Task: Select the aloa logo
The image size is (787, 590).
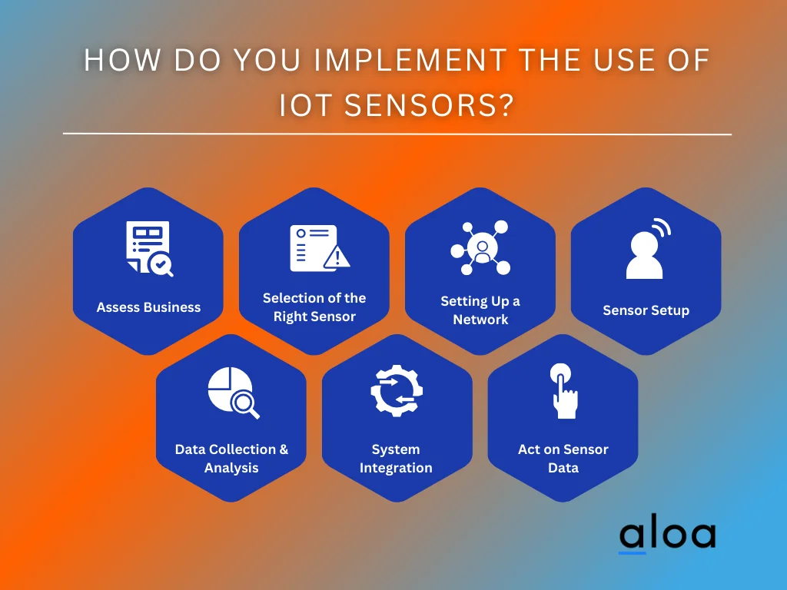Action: coord(667,535)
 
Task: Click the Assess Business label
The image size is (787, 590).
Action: coord(148,307)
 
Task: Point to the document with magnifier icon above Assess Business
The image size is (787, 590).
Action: coord(149,248)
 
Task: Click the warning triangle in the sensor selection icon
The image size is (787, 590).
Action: coord(337,257)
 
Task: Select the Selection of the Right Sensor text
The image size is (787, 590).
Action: coord(314,307)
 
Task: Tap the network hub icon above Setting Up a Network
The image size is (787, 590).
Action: coord(480,247)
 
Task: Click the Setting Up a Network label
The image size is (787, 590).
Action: coord(480,310)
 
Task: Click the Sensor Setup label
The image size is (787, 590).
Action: coord(646,310)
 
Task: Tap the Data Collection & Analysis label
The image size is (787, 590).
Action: coord(231,459)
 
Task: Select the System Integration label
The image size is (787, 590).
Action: coord(396,459)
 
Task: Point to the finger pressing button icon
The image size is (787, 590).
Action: coord(563,391)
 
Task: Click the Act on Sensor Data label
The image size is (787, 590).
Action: coord(563,459)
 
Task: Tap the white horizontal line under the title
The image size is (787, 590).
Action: coord(397,134)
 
